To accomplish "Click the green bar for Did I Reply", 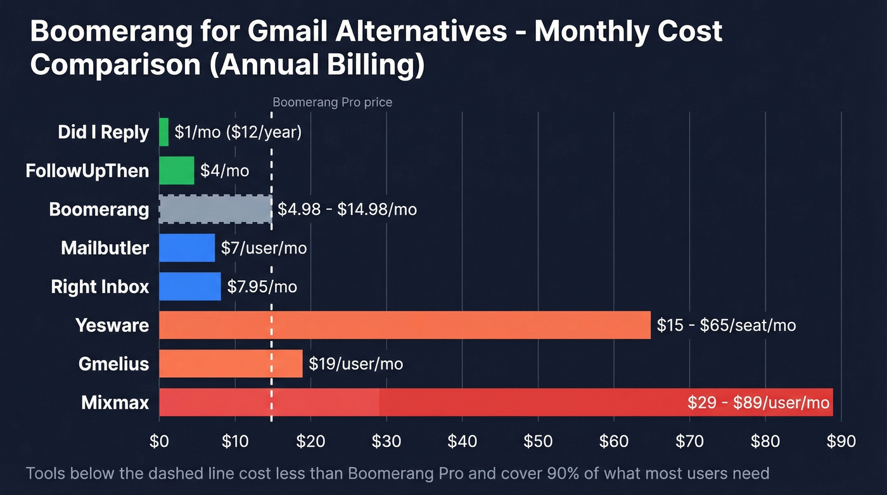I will pos(164,132).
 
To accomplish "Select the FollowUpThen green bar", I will pos(177,170).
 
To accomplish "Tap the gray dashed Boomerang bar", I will pos(215,209).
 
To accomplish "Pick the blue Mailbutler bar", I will pos(187,248).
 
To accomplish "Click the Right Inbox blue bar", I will pos(190,286).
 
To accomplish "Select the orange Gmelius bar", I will pos(231,364).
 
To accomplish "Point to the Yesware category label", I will pos(112,325).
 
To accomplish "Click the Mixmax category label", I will pos(115,402).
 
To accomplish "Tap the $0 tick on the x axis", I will pos(159,441).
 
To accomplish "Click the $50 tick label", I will pos(538,441).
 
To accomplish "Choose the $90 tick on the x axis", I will pos(841,441).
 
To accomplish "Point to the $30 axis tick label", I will pos(386,441).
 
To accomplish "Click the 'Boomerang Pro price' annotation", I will pos(332,102).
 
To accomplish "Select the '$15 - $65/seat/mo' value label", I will pos(726,325).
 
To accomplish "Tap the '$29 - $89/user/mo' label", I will pos(758,403).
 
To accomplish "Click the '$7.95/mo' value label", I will pos(262,286).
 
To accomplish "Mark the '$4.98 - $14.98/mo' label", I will pos(347,209).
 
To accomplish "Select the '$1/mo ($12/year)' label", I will pos(238,132).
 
